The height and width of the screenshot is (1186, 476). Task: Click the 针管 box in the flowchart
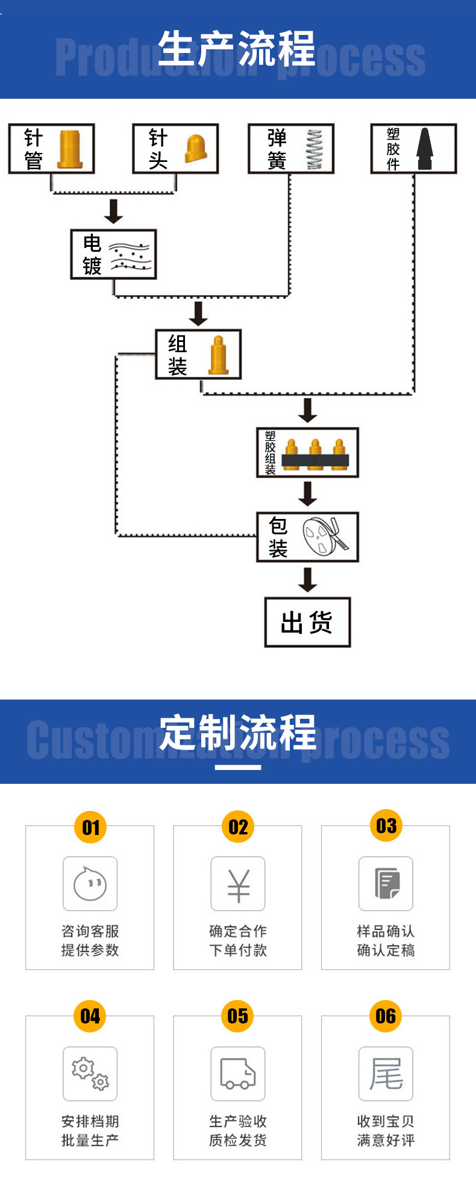coord(51,149)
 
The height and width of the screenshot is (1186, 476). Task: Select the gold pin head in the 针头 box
coord(195,148)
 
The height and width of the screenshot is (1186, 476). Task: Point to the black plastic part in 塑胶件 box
coord(425,149)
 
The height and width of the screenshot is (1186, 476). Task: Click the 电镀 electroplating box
coord(113,254)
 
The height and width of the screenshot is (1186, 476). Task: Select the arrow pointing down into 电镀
coord(113,211)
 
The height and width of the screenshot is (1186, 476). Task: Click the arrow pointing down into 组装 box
coord(198,314)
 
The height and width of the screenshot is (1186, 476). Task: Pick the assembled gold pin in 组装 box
coord(218,356)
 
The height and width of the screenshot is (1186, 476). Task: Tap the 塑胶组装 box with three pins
coord(307,453)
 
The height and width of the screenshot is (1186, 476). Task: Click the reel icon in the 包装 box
coord(324,536)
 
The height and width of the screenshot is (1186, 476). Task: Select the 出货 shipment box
coord(307,622)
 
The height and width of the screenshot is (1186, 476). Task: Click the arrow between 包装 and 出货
coord(308,579)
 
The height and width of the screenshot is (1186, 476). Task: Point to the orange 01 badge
coord(90,827)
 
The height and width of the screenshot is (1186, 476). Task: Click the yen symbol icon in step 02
coord(238,884)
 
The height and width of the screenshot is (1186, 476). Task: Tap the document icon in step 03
coord(386,884)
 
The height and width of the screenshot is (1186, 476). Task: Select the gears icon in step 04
coord(90,1074)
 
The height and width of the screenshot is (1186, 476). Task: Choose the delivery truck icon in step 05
coord(238,1074)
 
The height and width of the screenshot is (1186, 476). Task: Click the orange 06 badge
coord(386,1017)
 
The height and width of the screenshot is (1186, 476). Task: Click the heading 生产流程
coord(237,49)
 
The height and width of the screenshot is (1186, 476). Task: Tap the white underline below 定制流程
coord(238,767)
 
